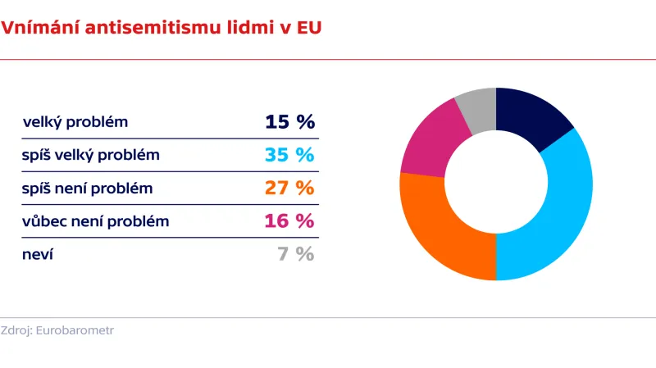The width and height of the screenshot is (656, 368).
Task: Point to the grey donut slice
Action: (478, 108)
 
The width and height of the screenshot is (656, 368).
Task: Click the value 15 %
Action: (289, 122)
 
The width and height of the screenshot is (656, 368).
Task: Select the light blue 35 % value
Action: (289, 155)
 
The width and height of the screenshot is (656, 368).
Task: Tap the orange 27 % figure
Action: (289, 188)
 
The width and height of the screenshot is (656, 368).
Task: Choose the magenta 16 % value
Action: (289, 220)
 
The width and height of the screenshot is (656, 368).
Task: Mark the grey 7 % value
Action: (295, 253)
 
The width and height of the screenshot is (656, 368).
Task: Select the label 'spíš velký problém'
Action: (91, 156)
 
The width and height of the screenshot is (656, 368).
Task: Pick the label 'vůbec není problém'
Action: (95, 221)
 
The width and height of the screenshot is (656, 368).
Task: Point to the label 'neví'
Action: (38, 254)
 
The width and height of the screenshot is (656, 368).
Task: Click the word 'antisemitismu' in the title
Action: (151, 28)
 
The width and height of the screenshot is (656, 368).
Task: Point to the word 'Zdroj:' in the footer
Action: (17, 331)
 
